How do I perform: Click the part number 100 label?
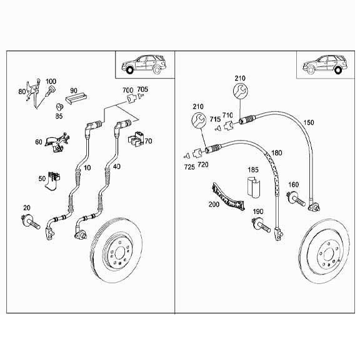click(x=51, y=82)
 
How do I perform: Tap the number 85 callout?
click(x=59, y=115)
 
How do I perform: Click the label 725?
click(x=188, y=166)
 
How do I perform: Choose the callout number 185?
click(x=253, y=169)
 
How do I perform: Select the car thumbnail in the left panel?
click(x=143, y=64)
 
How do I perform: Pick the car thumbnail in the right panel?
click(x=323, y=64)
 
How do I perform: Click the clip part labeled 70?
click(x=136, y=139)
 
